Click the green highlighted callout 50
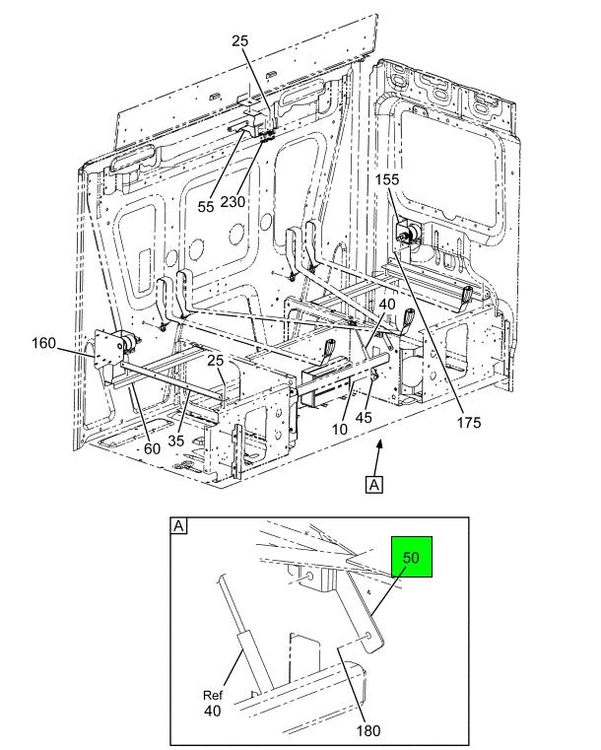click(x=412, y=557)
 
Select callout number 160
click(x=43, y=343)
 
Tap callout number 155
click(x=386, y=179)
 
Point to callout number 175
click(x=469, y=423)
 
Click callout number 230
click(x=233, y=202)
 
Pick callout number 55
click(x=206, y=207)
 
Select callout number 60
click(x=152, y=448)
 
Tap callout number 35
click(x=176, y=441)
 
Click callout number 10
click(x=340, y=429)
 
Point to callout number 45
click(x=364, y=418)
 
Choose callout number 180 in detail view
click(x=368, y=730)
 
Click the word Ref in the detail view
click(x=212, y=696)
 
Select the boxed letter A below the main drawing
click(x=373, y=484)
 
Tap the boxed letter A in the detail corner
click(x=178, y=526)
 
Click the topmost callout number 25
click(x=240, y=40)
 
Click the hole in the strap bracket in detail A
click(x=368, y=636)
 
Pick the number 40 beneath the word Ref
click(x=212, y=711)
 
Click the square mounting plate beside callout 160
click(x=105, y=349)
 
